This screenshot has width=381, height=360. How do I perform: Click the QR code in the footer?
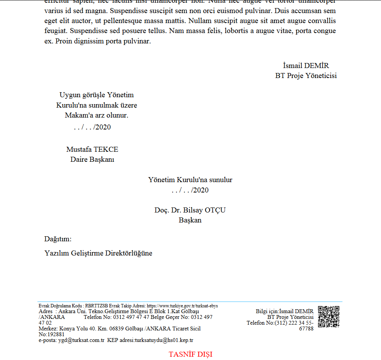(329, 317)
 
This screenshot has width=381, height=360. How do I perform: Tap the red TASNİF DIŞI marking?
(190, 354)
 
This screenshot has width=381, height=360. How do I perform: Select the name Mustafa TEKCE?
(92, 149)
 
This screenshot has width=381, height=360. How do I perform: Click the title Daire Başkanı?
(92, 159)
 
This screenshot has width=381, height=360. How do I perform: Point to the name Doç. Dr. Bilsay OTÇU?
(190, 210)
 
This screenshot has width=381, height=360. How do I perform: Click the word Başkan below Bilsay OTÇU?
(190, 220)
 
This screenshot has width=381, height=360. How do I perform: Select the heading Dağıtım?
(58, 239)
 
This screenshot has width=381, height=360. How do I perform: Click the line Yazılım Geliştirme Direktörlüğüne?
(98, 253)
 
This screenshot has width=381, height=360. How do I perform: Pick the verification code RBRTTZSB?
(96, 306)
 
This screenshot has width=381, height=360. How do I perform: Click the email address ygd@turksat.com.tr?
(81, 340)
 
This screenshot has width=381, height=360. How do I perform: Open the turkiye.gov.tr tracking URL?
(182, 306)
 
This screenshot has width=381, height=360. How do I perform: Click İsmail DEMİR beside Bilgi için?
(296, 311)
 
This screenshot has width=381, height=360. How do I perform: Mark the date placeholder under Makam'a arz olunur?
(92, 127)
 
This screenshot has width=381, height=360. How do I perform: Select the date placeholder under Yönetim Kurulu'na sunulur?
(190, 190)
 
